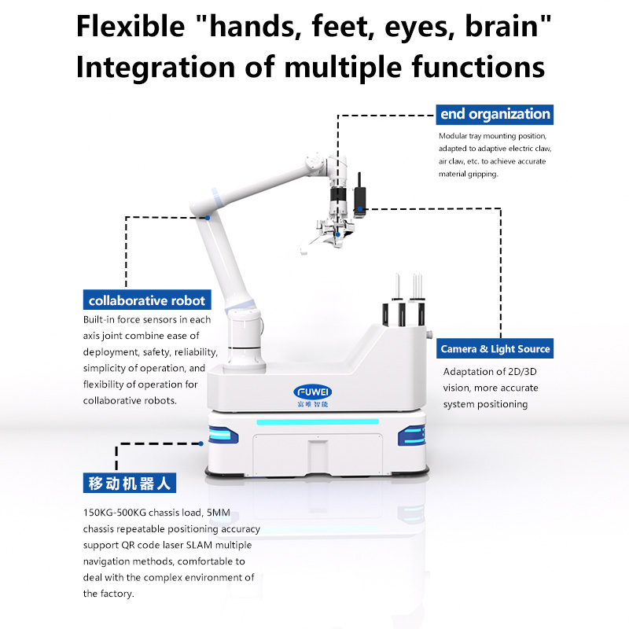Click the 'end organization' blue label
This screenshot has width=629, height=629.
click(x=495, y=114)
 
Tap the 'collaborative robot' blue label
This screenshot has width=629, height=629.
click(x=147, y=300)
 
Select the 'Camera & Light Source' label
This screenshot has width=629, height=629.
click(x=495, y=348)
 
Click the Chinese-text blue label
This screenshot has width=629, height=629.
click(x=130, y=483)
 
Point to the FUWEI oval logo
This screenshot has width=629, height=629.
click(x=312, y=392)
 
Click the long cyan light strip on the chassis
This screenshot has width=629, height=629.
click(x=318, y=422)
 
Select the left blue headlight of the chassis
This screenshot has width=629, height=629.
click(x=223, y=436)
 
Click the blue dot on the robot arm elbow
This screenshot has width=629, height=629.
click(x=208, y=218)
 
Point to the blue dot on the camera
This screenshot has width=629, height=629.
click(x=360, y=208)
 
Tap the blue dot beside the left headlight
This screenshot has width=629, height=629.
click(x=201, y=443)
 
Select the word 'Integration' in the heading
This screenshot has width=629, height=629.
click(x=155, y=67)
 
